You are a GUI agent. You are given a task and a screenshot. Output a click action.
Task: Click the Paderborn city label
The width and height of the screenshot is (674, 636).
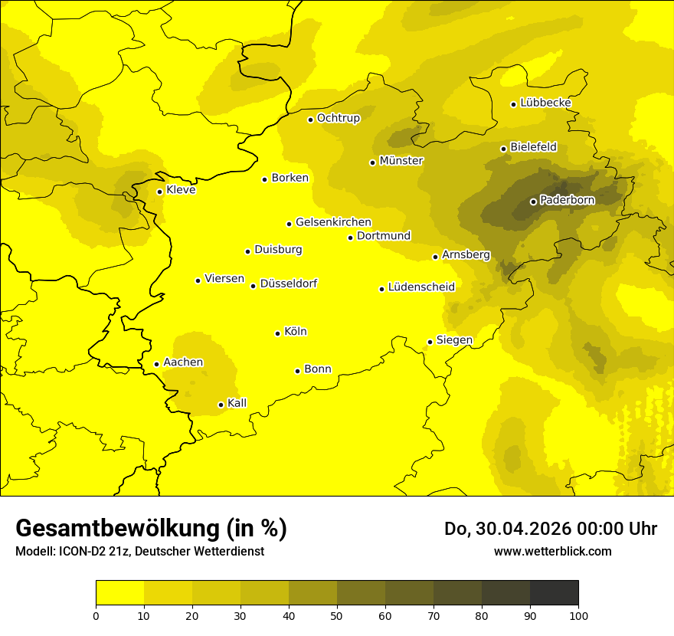[567, 200]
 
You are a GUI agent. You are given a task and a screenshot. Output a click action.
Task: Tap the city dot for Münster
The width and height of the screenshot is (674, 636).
[372, 162]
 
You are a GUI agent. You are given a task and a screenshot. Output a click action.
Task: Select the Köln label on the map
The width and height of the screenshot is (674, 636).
[295, 332]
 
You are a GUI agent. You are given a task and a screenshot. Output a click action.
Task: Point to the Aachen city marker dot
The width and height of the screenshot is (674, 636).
[156, 364]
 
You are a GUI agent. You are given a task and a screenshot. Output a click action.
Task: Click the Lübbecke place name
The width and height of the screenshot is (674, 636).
[545, 103]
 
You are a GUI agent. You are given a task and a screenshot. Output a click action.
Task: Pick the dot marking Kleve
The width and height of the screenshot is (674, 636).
[159, 192]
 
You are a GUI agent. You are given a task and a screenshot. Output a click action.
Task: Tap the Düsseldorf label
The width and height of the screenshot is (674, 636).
[288, 284]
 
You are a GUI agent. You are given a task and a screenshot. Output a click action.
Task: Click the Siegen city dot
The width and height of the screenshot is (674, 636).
[430, 342]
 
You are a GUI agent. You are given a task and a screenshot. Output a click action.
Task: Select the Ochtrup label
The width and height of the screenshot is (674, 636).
[338, 118]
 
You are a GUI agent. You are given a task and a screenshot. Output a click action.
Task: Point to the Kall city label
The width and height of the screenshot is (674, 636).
[237, 403]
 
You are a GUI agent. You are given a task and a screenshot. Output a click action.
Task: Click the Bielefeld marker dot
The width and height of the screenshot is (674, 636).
[503, 149]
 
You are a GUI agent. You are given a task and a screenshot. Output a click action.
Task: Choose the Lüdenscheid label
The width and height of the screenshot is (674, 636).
[421, 287]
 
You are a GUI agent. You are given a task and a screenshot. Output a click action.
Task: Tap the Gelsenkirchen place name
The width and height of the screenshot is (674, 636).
[333, 222]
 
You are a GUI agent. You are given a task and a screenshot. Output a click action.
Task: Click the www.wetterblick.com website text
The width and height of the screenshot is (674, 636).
[552, 551]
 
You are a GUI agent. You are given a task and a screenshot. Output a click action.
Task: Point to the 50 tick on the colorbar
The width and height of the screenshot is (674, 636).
[337, 615]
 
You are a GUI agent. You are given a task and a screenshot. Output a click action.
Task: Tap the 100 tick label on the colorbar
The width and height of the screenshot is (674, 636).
[578, 615]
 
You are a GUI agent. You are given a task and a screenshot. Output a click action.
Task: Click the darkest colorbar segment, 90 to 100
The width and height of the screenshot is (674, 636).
[554, 592]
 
